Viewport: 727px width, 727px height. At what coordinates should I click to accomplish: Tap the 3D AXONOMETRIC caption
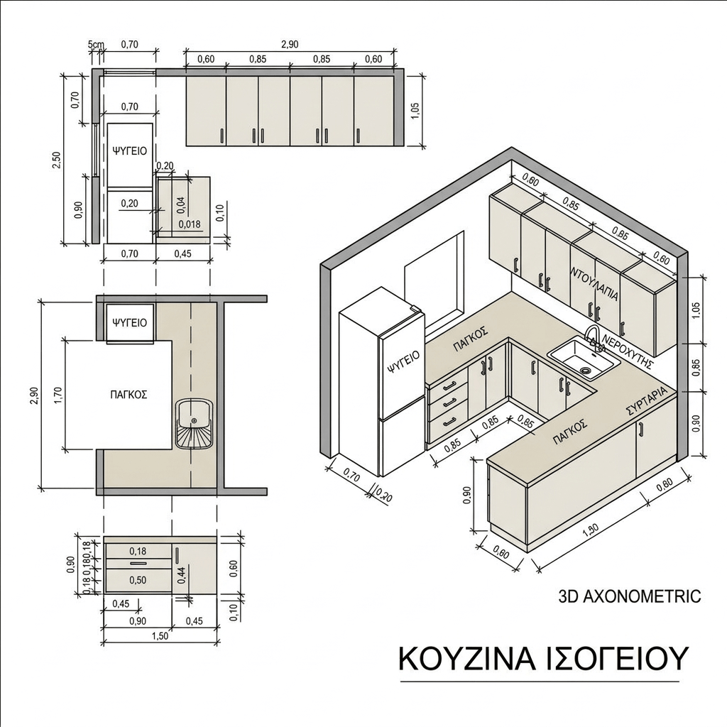pyautogui.click(x=629, y=596)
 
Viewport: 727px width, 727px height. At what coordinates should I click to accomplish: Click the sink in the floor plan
pyautogui.click(x=195, y=424)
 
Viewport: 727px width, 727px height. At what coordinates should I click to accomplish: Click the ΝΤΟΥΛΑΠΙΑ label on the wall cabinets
pyautogui.click(x=596, y=283)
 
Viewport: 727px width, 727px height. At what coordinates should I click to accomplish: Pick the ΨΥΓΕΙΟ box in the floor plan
pyautogui.click(x=131, y=323)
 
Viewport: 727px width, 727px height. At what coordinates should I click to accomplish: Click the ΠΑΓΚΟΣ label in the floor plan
pyautogui.click(x=129, y=395)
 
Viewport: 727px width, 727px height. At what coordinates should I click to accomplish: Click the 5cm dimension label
pyautogui.click(x=96, y=45)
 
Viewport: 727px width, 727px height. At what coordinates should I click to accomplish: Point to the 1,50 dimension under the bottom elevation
pyautogui.click(x=160, y=636)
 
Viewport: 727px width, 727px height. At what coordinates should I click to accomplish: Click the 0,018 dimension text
pyautogui.click(x=190, y=224)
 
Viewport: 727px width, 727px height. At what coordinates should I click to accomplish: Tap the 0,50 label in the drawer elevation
pyautogui.click(x=138, y=580)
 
